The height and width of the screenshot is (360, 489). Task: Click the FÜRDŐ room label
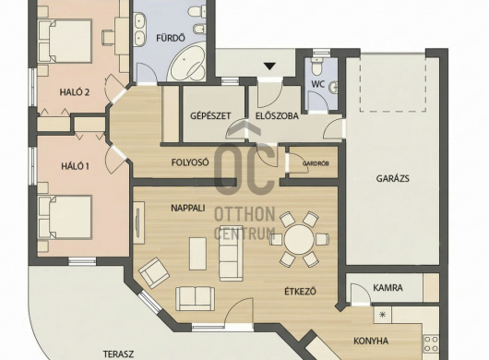171,38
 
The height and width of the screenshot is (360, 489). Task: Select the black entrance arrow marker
270,66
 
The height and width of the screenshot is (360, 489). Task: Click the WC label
318,84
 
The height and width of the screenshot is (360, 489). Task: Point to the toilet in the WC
317,66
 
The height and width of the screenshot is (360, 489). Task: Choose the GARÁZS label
392,179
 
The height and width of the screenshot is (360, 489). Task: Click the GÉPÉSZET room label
210,115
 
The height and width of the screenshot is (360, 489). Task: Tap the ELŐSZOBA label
277,116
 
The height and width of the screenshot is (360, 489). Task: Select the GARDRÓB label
316,163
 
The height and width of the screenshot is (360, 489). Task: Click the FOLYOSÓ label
190,162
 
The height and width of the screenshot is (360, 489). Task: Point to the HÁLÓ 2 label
75,92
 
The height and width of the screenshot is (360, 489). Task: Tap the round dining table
299,239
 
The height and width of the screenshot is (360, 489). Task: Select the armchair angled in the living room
154,272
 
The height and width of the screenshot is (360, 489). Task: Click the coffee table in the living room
197,254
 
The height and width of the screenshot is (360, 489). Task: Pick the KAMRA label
388,288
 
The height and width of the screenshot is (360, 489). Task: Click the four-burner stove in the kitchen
431,343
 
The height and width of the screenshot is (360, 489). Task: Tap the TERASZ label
118,354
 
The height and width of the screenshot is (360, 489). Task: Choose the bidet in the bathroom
198,29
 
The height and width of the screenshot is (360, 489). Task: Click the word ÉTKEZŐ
301,292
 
